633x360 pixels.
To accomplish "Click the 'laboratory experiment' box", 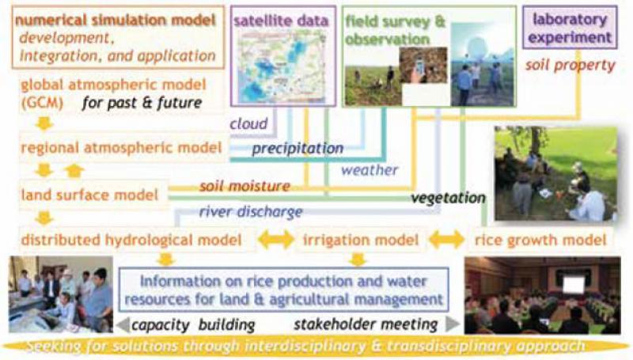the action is coord(570,28).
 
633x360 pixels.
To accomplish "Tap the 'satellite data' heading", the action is coord(281,21).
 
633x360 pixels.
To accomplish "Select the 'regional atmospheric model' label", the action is coord(122,148).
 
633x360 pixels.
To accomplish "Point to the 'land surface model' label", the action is coord(89,195).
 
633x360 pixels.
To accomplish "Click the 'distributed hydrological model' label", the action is coord(131,241).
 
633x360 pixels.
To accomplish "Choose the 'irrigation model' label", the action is coord(361,241).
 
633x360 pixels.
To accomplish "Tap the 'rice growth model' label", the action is coord(540,241).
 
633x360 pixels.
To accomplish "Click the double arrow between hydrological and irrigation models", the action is coord(276,239).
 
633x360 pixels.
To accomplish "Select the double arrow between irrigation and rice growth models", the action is coord(446,239).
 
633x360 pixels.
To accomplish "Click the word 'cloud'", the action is coord(248,123).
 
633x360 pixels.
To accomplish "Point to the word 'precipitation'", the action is coord(298,149).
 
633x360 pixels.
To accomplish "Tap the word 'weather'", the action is coord(370,170).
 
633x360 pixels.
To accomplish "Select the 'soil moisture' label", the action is coord(244,186).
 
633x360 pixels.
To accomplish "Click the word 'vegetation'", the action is coord(448,198).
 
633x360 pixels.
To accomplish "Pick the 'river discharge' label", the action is coord(251,211).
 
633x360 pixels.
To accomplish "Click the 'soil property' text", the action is coord(570,65).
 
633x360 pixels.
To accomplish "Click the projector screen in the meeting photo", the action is coord(573,284).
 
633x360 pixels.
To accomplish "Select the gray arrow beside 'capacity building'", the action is coord(123,324).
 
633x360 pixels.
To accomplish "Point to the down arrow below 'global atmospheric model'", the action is coord(44,123).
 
